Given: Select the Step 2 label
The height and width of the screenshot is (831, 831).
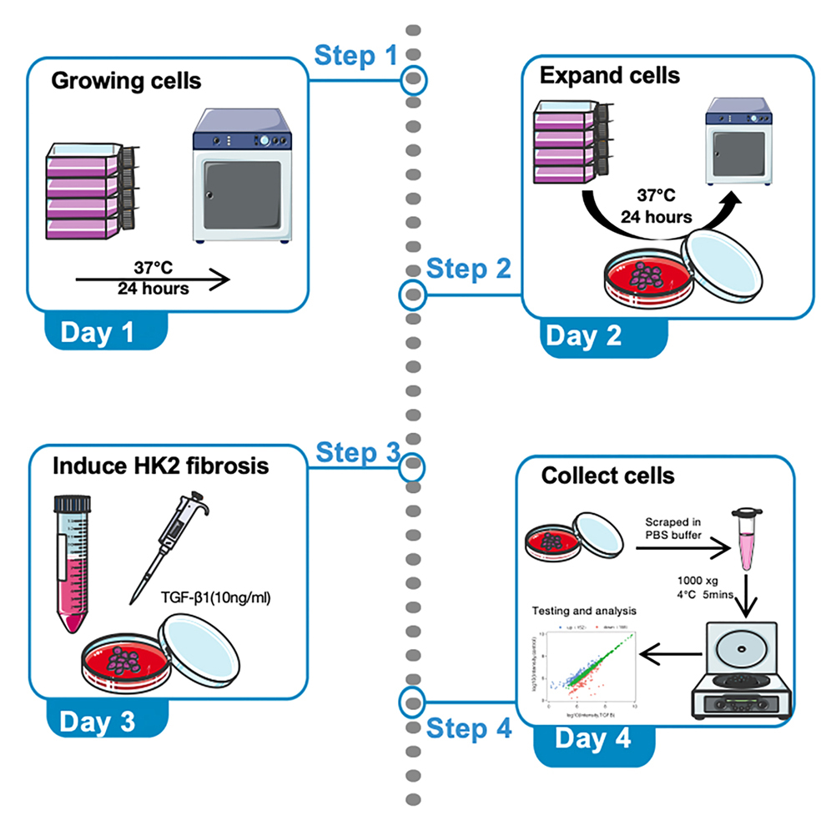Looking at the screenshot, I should (x=469, y=269).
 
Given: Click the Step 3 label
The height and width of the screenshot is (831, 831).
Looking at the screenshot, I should (x=358, y=452).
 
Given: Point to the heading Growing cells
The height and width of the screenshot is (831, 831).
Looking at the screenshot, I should (x=126, y=83).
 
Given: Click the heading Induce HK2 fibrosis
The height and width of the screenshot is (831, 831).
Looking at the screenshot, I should (x=160, y=465).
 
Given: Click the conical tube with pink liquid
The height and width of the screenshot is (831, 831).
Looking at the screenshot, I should (x=70, y=561).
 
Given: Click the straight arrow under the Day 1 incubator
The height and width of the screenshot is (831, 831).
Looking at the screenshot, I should (x=152, y=280).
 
